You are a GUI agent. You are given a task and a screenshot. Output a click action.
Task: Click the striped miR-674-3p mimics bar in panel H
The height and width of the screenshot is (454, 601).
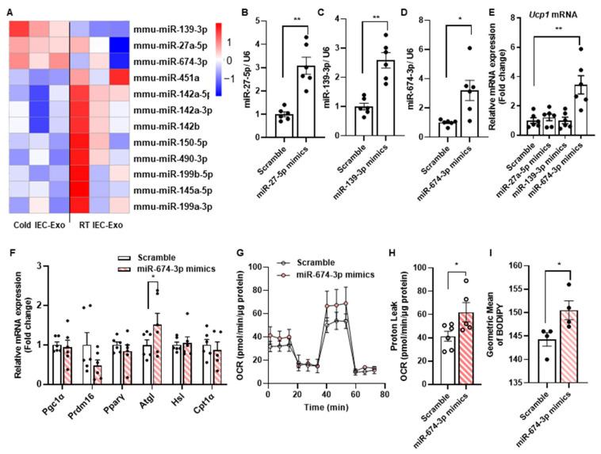click(467, 346)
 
